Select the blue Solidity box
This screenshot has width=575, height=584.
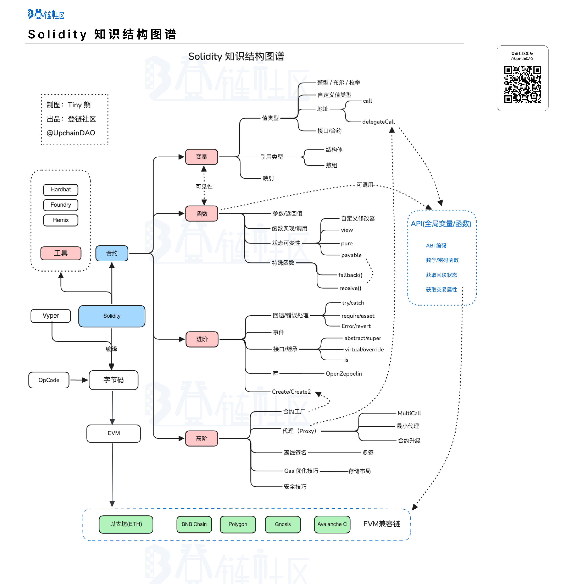[112, 316]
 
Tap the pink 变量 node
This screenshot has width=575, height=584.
[201, 157]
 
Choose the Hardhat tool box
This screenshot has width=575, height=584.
[61, 190]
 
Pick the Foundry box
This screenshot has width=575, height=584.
[61, 205]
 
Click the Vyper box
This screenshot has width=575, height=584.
[51, 316]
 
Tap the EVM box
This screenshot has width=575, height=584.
[114, 433]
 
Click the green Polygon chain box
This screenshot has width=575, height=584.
[238, 524]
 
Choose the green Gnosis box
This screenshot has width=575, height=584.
[283, 524]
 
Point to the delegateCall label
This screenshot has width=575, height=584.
[378, 122]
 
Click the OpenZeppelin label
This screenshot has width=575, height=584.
[344, 374]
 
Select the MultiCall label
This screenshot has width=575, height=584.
[409, 413]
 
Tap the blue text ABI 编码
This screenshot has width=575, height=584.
[436, 245]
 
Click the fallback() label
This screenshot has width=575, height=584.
[350, 275]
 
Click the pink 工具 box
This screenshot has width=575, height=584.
[61, 253]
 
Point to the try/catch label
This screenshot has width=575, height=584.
[353, 303]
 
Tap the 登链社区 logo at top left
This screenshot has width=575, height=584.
[46, 14]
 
